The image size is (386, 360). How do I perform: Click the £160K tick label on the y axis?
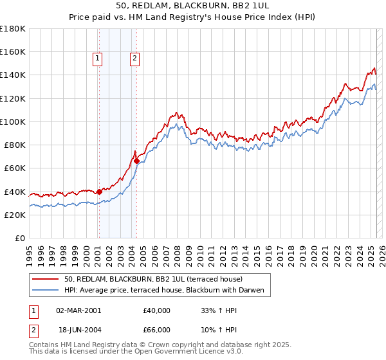(x=12, y=51)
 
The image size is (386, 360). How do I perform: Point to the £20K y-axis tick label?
(x=14, y=215)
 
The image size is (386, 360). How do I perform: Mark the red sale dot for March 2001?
(x=99, y=191)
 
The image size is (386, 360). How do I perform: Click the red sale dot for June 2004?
(x=136, y=161)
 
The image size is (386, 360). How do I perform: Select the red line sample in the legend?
(x=46, y=279)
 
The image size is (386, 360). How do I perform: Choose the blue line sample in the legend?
(x=46, y=290)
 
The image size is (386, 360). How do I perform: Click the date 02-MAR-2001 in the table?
(x=78, y=310)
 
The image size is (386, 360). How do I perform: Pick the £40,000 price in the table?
(x=157, y=310)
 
